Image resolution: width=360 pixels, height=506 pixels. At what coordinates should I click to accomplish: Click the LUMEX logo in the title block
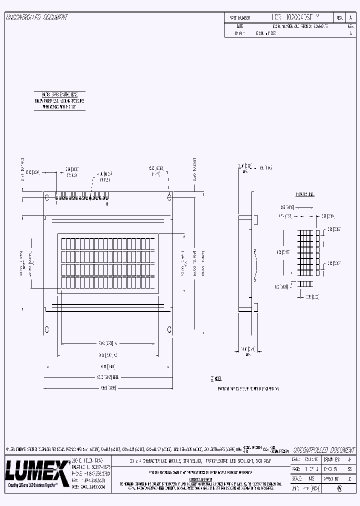36,469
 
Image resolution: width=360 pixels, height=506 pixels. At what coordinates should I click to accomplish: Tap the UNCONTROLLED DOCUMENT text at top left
36,17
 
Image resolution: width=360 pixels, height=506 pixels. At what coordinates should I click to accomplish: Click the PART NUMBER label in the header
239,17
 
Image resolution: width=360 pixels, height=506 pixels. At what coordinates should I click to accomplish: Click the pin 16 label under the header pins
106,204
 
